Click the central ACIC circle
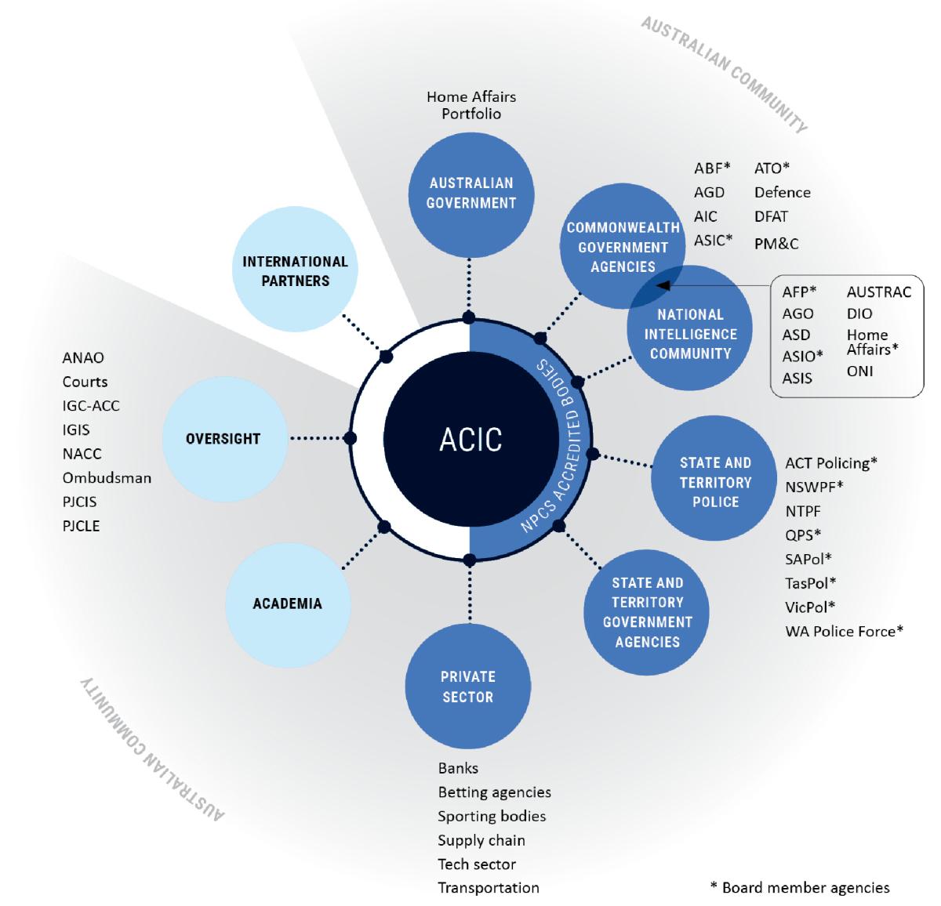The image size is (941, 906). pos(470,440)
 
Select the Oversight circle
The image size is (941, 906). pos(223,439)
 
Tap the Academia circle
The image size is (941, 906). pos(287,603)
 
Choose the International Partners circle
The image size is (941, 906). pos(295,271)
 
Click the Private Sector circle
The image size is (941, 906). pos(467,687)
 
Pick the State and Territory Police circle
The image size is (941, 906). pos(714,482)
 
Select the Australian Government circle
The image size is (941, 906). pos(471,193)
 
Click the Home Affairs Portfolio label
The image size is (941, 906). pos(471,105)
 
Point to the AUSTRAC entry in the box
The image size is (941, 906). pos(878,292)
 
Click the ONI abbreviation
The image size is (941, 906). pos(859,371)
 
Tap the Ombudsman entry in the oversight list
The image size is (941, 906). pos(107,477)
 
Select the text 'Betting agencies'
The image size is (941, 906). pos(494,792)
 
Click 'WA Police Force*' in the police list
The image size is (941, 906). pos(844,631)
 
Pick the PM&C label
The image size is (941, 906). pos(776,244)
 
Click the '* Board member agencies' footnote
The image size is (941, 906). pos(800,888)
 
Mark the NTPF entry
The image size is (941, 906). pos(802,511)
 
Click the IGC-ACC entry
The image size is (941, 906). pos(91,406)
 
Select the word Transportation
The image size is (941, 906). pos(488,888)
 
